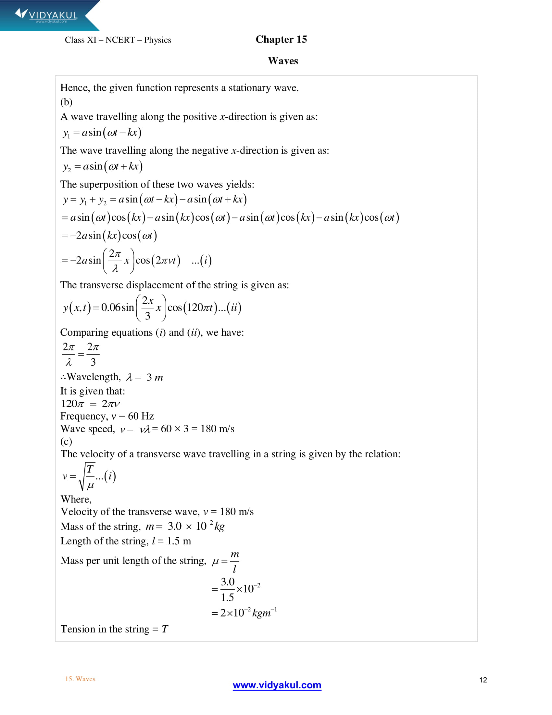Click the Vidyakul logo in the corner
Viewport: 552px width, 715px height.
[46, 15]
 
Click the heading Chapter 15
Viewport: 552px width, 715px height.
[281, 39]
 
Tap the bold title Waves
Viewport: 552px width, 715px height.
[283, 61]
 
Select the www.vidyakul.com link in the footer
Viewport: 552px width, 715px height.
[277, 685]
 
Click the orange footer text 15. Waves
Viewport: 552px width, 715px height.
[80, 679]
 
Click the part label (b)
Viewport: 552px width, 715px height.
[66, 102]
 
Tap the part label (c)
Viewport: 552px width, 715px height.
[66, 441]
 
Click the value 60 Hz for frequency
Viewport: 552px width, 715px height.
[141, 416]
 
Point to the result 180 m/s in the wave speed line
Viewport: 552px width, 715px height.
[217, 429]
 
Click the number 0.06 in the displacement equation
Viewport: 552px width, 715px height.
[110, 307]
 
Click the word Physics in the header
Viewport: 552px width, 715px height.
[157, 40]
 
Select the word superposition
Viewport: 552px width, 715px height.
[108, 185]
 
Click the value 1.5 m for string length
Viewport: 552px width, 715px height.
[179, 541]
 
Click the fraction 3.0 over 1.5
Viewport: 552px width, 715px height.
[227, 589]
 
